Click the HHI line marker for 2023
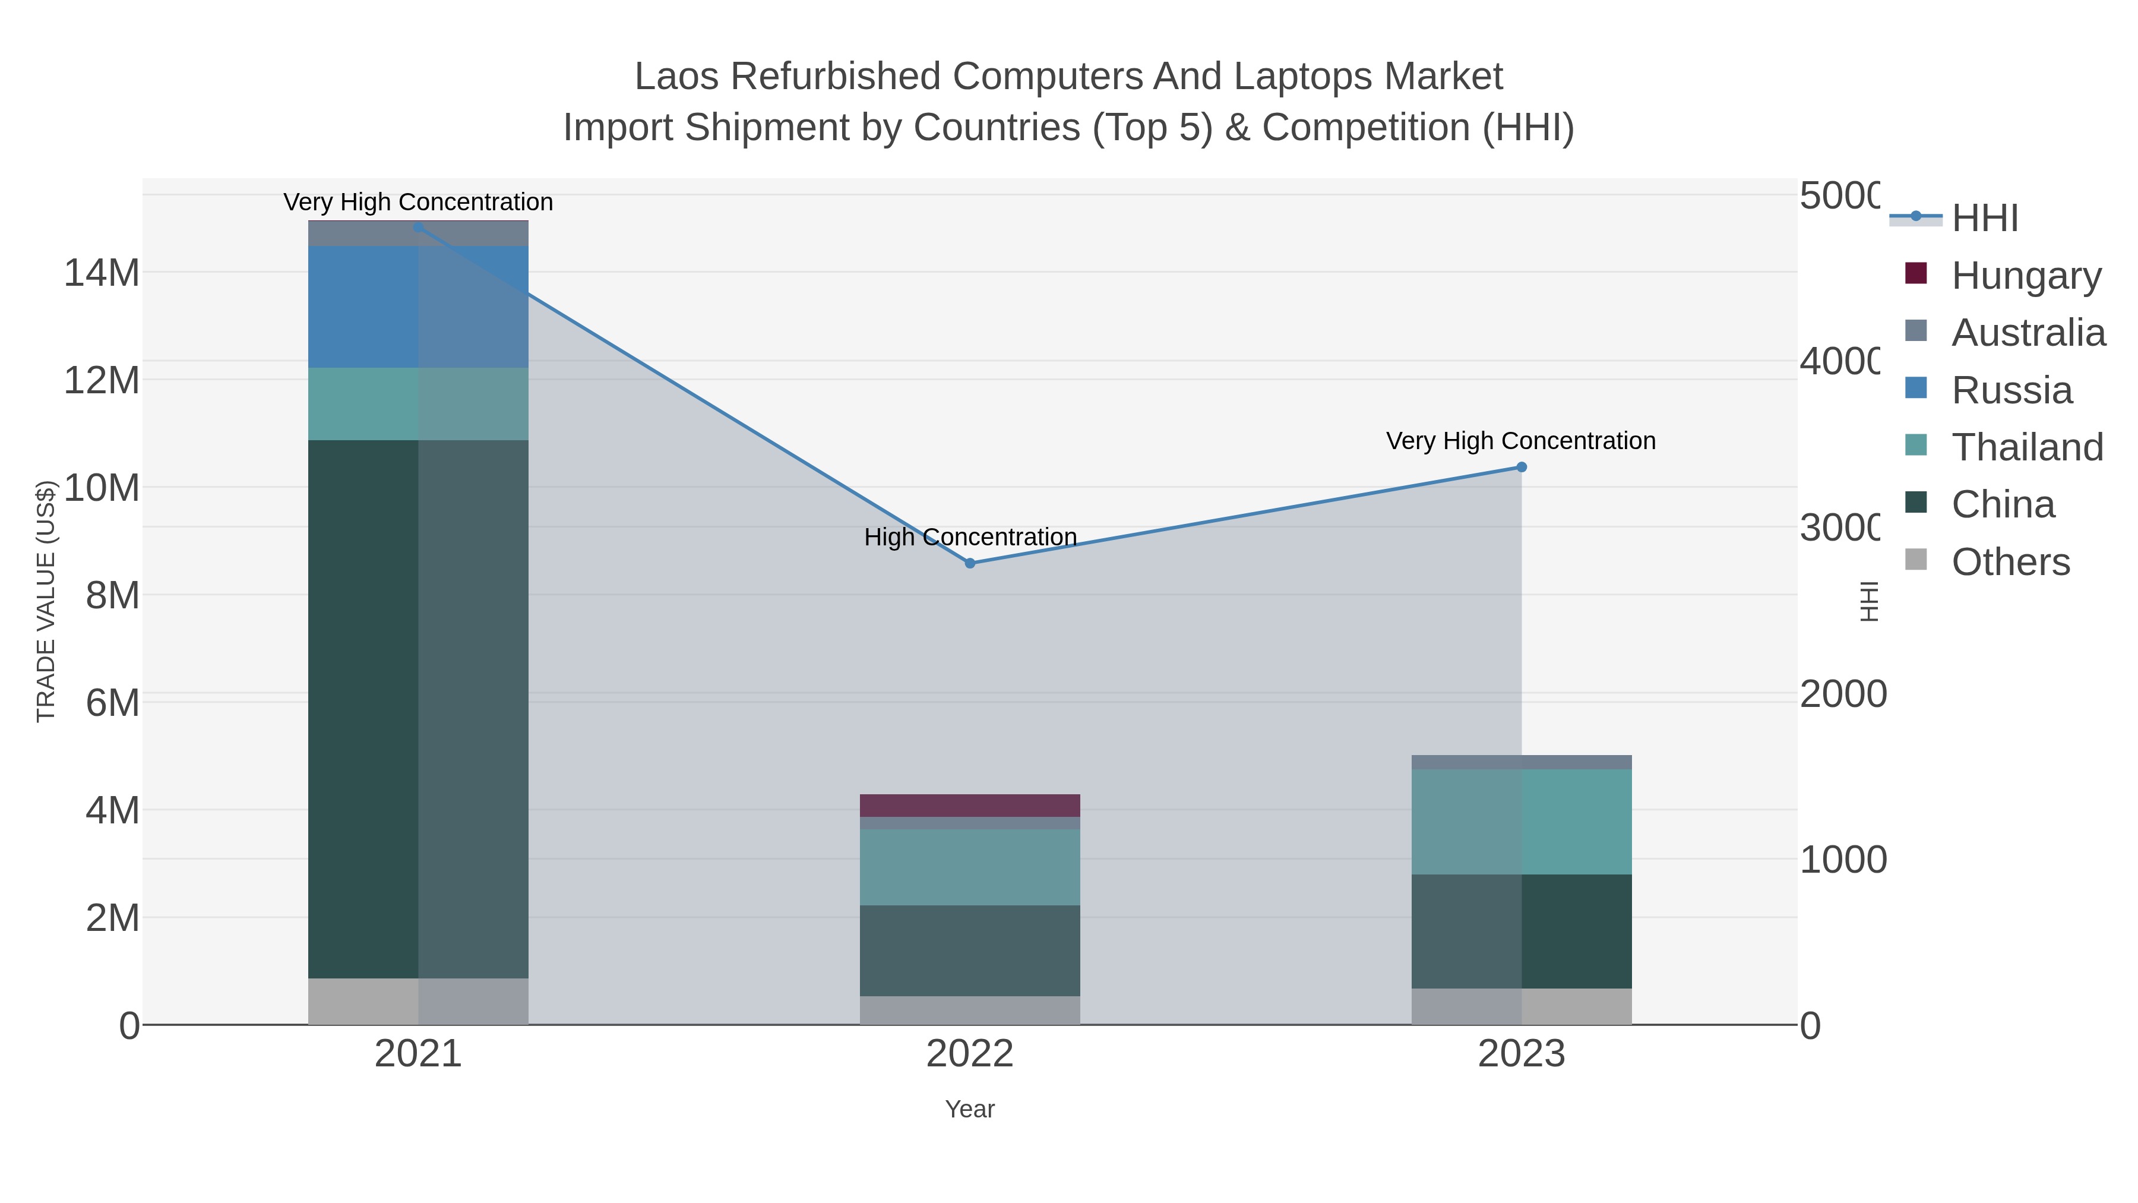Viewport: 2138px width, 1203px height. point(1522,468)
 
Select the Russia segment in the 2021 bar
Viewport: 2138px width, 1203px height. point(418,307)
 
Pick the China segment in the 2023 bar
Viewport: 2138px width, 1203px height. point(1522,931)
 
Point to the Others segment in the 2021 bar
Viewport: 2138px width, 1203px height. point(418,1000)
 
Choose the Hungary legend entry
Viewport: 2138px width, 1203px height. point(2025,275)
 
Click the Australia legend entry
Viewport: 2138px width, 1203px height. point(2027,332)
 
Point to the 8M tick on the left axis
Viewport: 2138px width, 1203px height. point(112,595)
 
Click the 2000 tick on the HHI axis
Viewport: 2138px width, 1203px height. point(1842,694)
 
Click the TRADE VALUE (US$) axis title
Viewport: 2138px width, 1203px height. point(46,601)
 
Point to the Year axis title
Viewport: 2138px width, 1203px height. point(969,1109)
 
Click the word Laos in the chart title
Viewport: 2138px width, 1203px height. point(678,77)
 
